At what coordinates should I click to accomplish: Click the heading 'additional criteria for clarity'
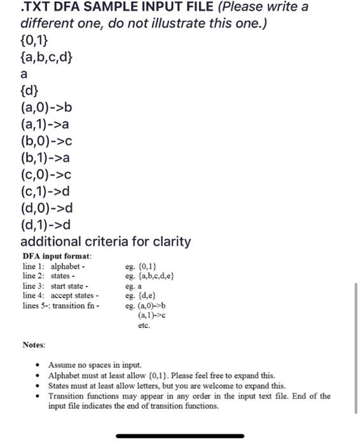106,242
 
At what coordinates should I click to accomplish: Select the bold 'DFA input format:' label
57,256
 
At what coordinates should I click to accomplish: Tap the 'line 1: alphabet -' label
53,266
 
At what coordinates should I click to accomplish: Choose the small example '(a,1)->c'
152,315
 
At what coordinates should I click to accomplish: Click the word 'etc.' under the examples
144,325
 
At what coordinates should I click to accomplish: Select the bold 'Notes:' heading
34,345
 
